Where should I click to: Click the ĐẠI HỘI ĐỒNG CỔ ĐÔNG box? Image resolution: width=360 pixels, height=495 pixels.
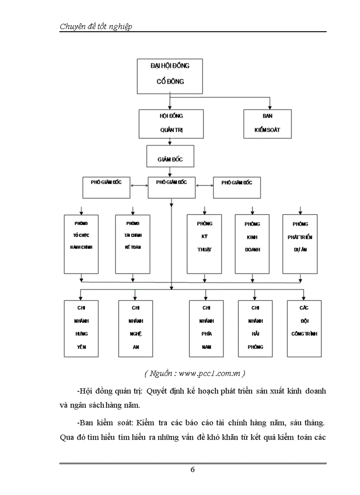170,75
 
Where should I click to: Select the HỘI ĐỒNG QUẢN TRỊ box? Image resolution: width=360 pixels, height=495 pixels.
171,123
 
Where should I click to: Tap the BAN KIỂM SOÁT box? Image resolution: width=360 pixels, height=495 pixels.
267,123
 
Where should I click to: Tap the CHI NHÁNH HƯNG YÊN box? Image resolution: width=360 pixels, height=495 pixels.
81,328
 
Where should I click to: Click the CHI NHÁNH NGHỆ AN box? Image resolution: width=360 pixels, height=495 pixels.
135,328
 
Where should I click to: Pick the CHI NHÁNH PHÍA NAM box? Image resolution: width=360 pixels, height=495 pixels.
206,328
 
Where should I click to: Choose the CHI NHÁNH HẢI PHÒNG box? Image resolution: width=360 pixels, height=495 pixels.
255,328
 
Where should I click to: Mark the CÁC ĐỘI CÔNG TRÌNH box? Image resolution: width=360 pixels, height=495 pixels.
304,328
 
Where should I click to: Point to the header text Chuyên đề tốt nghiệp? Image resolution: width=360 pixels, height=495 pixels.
96,26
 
